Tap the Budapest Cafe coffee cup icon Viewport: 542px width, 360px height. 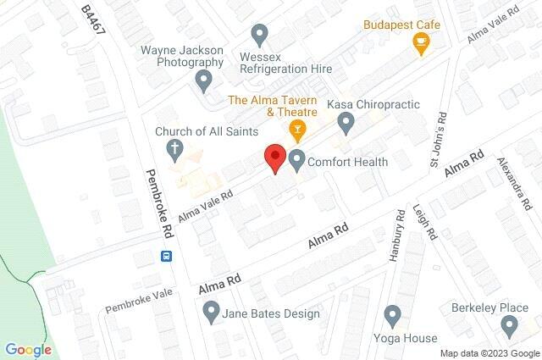(x=421, y=44)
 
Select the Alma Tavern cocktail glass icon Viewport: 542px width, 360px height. (x=296, y=130)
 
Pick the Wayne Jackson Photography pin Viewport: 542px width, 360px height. (x=203, y=81)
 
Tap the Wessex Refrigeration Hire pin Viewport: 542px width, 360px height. (x=260, y=35)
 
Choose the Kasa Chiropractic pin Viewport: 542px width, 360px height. (x=346, y=125)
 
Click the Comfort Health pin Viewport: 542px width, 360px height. (x=297, y=160)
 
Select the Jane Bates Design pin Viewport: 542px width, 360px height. (x=211, y=314)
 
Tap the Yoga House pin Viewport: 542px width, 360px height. (x=391, y=317)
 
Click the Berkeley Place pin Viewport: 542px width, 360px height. (x=509, y=326)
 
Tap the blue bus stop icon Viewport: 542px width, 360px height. (x=167, y=256)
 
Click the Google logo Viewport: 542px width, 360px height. (x=28, y=350)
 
